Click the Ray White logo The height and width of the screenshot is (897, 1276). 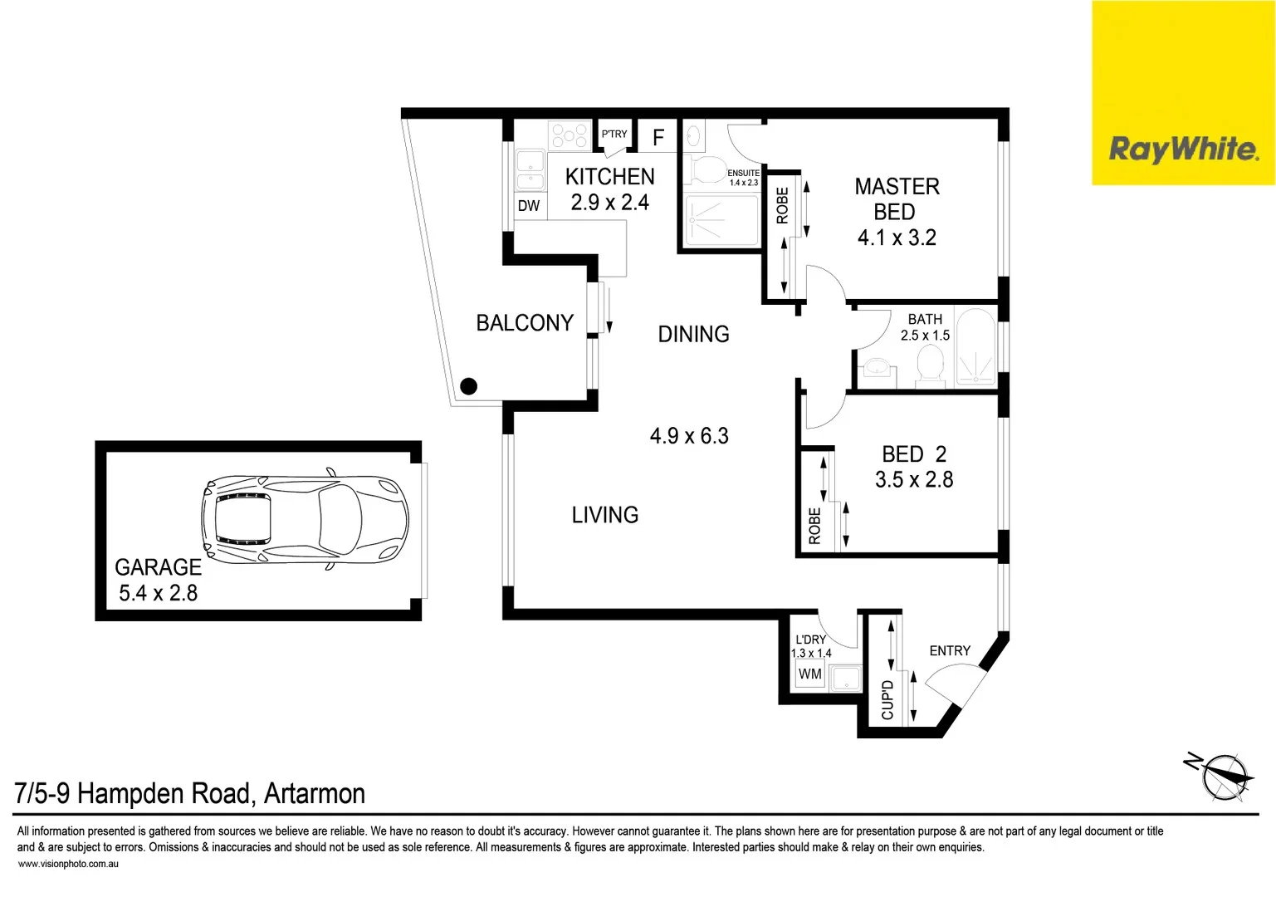1183,149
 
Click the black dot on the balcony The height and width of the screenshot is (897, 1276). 468,386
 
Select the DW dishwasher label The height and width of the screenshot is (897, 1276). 529,206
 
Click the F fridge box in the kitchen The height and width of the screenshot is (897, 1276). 658,138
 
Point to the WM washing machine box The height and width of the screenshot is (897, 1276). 809,674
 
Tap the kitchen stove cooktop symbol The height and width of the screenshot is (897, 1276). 570,135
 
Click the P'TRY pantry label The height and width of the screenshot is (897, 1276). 614,134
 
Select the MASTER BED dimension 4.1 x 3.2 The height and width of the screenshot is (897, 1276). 897,238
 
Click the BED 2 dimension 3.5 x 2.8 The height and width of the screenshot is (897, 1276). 914,480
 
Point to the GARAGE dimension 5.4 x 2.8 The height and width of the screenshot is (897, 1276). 158,593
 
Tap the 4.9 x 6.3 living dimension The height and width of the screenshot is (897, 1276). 689,436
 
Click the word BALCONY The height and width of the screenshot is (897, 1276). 525,323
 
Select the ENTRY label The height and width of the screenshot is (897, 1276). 950,651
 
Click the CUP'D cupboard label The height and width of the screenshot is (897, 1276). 887,699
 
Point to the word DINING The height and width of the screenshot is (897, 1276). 693,335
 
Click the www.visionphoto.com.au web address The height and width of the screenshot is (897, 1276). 68,864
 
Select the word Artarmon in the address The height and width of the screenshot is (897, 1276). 315,794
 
